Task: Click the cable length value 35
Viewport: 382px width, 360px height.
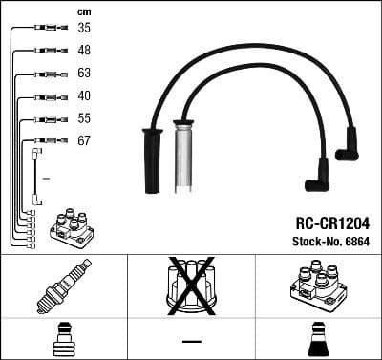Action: coord(84,28)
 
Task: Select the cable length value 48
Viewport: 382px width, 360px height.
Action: coord(84,50)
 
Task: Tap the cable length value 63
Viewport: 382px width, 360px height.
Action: coord(84,73)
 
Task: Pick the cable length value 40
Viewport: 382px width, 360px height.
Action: coord(84,95)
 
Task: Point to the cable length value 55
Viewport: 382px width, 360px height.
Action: coord(84,118)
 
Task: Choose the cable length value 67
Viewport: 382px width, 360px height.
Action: coord(84,140)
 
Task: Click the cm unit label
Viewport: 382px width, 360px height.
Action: coord(83,11)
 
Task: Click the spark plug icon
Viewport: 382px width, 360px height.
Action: coord(63,286)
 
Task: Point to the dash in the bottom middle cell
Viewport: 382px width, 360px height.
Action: coord(191,341)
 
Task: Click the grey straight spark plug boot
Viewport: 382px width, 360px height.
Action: coord(180,157)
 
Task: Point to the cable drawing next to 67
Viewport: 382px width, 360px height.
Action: coord(47,140)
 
